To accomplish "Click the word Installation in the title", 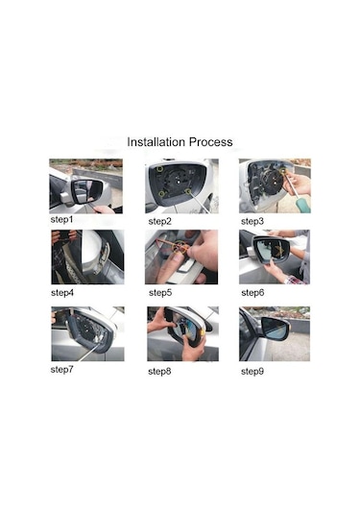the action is tap(156, 142).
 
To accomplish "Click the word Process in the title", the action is tap(211, 142).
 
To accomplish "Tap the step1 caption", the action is tap(61, 220).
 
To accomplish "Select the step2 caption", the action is tap(160, 222).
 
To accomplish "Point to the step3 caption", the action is tap(252, 222).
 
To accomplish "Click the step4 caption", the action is tap(62, 293).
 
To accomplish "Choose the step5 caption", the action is tap(160, 293).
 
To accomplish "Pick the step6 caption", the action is tap(252, 293).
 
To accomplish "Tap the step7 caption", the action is tap(61, 370).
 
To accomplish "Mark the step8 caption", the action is tap(159, 372).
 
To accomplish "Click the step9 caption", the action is tap(252, 372).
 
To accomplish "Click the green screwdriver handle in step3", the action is tap(301, 204).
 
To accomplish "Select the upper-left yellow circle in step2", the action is tap(160, 169).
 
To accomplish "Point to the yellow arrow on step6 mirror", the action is tap(280, 250).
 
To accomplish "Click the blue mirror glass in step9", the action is tap(275, 329).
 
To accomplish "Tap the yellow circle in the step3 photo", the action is tap(283, 171).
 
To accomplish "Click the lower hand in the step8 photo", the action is tap(193, 347).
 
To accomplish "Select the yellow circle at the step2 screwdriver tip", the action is tap(187, 192).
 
